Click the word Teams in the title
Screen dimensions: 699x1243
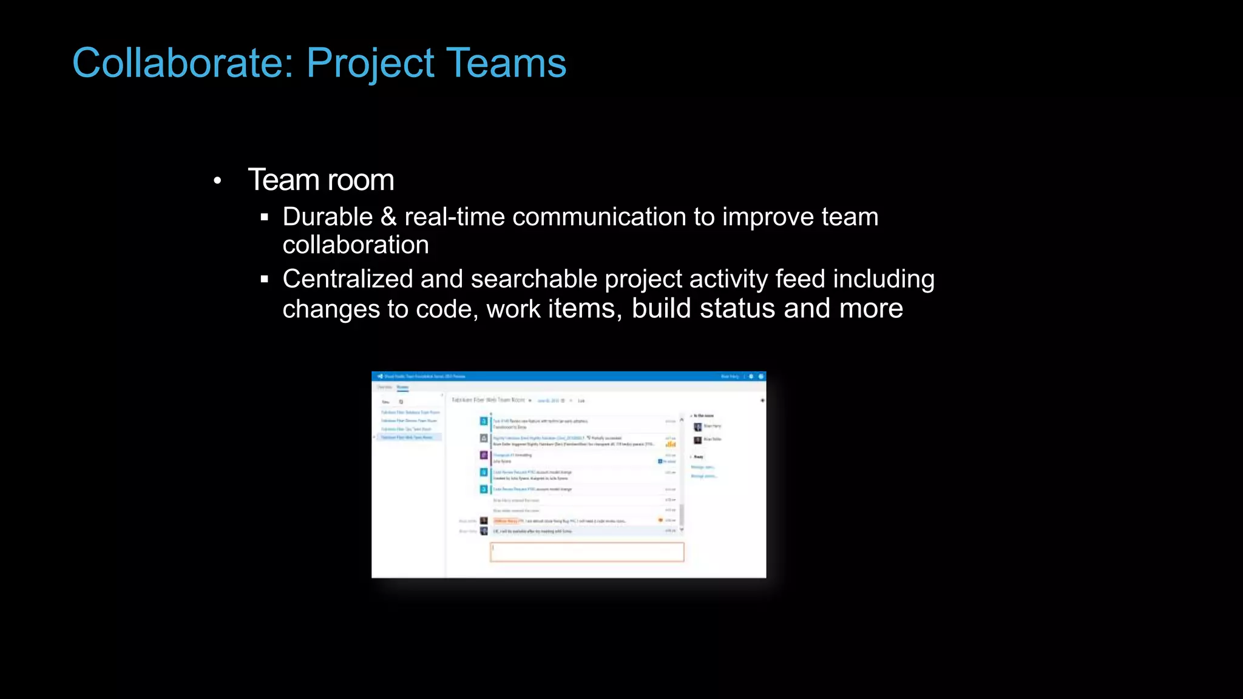tap(506, 63)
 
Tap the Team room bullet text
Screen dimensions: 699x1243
tap(321, 180)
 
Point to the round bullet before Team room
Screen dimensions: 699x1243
tap(217, 181)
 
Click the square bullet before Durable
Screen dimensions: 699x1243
tap(264, 217)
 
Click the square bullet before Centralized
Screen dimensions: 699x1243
tap(264, 280)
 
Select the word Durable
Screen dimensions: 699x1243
tap(328, 217)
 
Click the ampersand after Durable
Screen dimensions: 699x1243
tap(388, 217)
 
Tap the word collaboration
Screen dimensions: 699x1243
tap(356, 245)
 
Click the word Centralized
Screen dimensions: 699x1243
tap(348, 279)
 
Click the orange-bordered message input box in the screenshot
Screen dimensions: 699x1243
tap(587, 552)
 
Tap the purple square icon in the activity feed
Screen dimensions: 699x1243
tap(484, 455)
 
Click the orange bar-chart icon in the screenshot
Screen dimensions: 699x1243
tap(671, 445)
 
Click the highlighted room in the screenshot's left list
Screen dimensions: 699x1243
tap(408, 437)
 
